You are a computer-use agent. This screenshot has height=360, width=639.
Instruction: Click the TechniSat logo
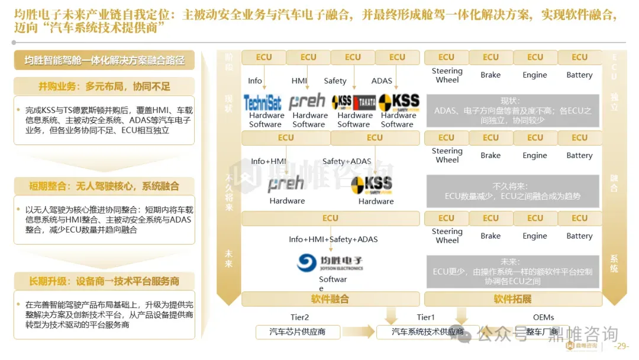point(263,102)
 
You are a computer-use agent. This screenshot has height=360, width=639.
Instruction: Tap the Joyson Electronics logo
point(330,263)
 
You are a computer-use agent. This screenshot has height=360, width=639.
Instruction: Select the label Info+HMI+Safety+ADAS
point(333,239)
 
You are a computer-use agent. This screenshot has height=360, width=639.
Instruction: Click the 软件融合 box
point(330,299)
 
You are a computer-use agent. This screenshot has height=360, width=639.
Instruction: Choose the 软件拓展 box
point(512,299)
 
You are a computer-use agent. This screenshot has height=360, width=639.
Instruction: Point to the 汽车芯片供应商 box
point(297,332)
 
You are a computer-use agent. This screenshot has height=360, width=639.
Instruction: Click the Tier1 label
point(425,318)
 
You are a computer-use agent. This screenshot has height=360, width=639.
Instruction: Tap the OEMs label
point(543,318)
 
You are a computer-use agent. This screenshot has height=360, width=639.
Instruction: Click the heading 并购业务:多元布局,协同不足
point(104,86)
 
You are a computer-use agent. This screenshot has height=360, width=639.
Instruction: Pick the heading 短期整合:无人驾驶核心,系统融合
point(104,186)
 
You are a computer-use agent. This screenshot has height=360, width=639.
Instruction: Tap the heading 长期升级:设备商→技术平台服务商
point(104,281)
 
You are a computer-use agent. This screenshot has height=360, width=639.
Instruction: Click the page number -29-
point(622,346)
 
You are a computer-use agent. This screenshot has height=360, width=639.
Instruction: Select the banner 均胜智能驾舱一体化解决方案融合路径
point(105,60)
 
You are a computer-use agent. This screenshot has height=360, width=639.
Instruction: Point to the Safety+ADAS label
point(347,161)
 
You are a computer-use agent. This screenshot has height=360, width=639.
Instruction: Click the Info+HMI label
point(269,161)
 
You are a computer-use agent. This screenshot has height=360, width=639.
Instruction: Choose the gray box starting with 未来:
point(512,271)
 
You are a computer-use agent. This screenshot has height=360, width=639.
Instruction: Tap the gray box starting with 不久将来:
point(512,191)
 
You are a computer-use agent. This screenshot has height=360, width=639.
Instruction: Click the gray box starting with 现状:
point(512,110)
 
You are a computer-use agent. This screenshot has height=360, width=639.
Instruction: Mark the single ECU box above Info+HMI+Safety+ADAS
point(330,218)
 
